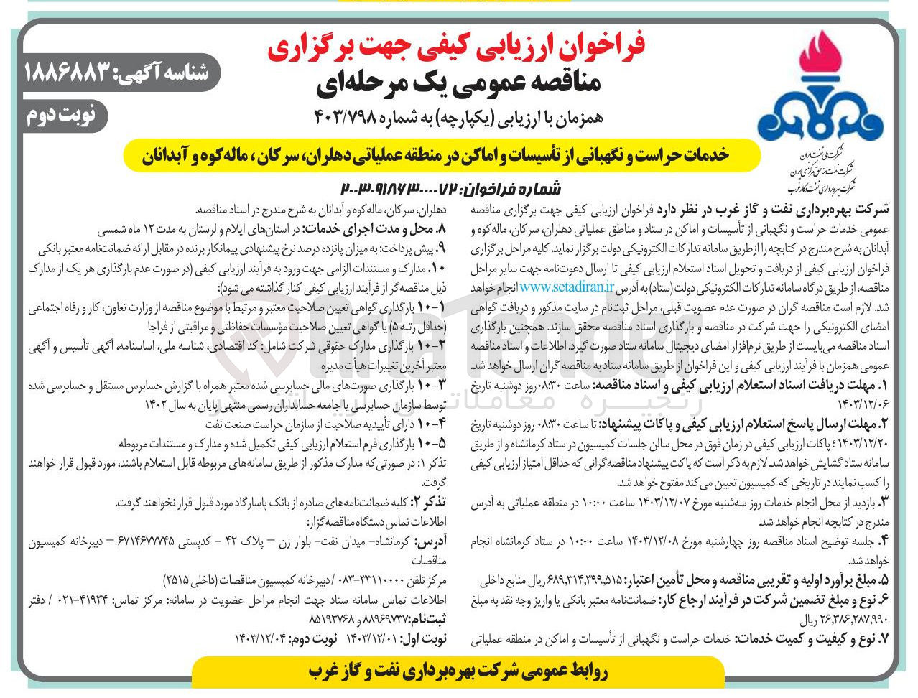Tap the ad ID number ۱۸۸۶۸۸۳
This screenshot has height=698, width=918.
pyautogui.click(x=68, y=72)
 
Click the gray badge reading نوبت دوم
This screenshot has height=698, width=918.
pyautogui.click(x=65, y=116)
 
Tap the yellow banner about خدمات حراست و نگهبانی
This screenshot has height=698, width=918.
pyautogui.click(x=442, y=155)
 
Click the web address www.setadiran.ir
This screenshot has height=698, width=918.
pyautogui.click(x=567, y=287)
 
